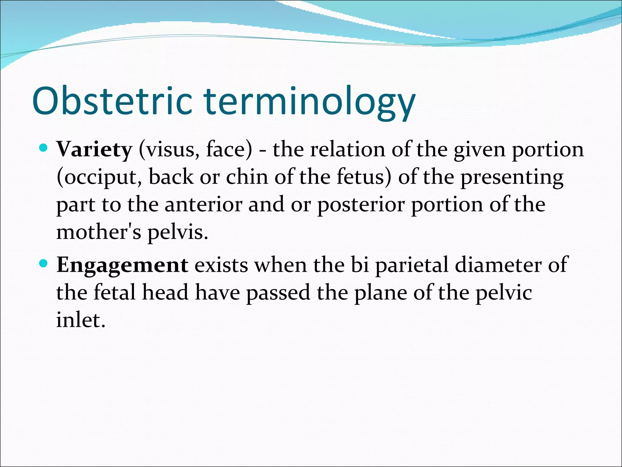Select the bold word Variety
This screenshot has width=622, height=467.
coord(94,150)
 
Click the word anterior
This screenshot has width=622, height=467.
coord(203,205)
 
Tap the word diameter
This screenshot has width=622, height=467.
coord(498,265)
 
